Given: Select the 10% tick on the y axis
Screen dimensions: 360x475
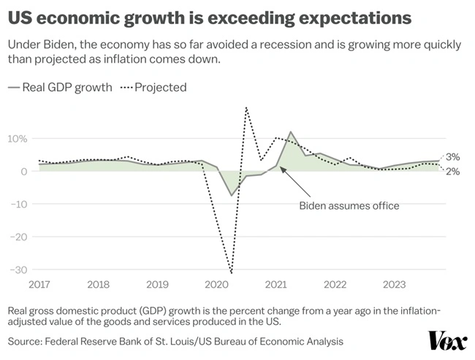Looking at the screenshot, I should (18, 139).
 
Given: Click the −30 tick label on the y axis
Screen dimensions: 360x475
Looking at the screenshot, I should (18, 269).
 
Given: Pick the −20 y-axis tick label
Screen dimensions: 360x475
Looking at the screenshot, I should (18, 237).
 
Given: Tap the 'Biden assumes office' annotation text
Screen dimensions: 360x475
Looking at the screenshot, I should (349, 205).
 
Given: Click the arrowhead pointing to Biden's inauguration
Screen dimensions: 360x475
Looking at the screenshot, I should (281, 167).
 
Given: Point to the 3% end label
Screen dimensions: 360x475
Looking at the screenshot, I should (453, 157).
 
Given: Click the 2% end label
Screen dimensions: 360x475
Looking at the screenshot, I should (453, 172).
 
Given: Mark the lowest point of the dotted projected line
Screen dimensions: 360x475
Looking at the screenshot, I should (232, 273).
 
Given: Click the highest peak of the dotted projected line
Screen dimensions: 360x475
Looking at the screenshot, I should (246, 107).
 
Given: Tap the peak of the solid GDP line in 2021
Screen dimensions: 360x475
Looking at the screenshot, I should (291, 132).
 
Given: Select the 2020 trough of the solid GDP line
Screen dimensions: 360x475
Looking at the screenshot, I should (232, 195).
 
